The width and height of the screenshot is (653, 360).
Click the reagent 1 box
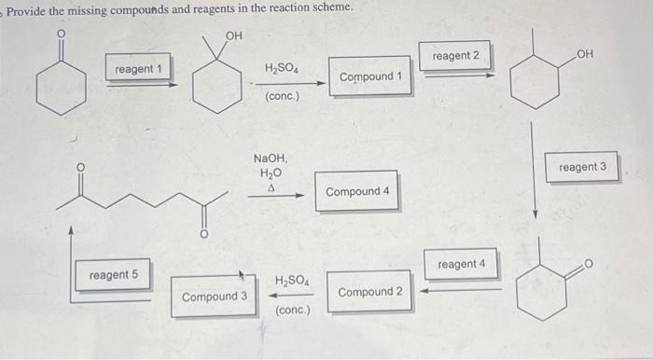click(138, 70)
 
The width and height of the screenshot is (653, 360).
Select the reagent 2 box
click(456, 57)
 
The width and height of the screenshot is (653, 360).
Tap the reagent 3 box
click(583, 167)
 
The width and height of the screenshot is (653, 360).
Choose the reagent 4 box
click(461, 265)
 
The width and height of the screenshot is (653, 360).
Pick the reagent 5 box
click(114, 275)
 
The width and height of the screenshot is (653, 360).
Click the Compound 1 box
click(370, 76)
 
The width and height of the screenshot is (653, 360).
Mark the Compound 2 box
click(370, 292)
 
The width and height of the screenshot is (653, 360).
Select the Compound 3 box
click(215, 297)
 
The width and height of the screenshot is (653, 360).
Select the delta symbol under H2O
click(271, 187)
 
